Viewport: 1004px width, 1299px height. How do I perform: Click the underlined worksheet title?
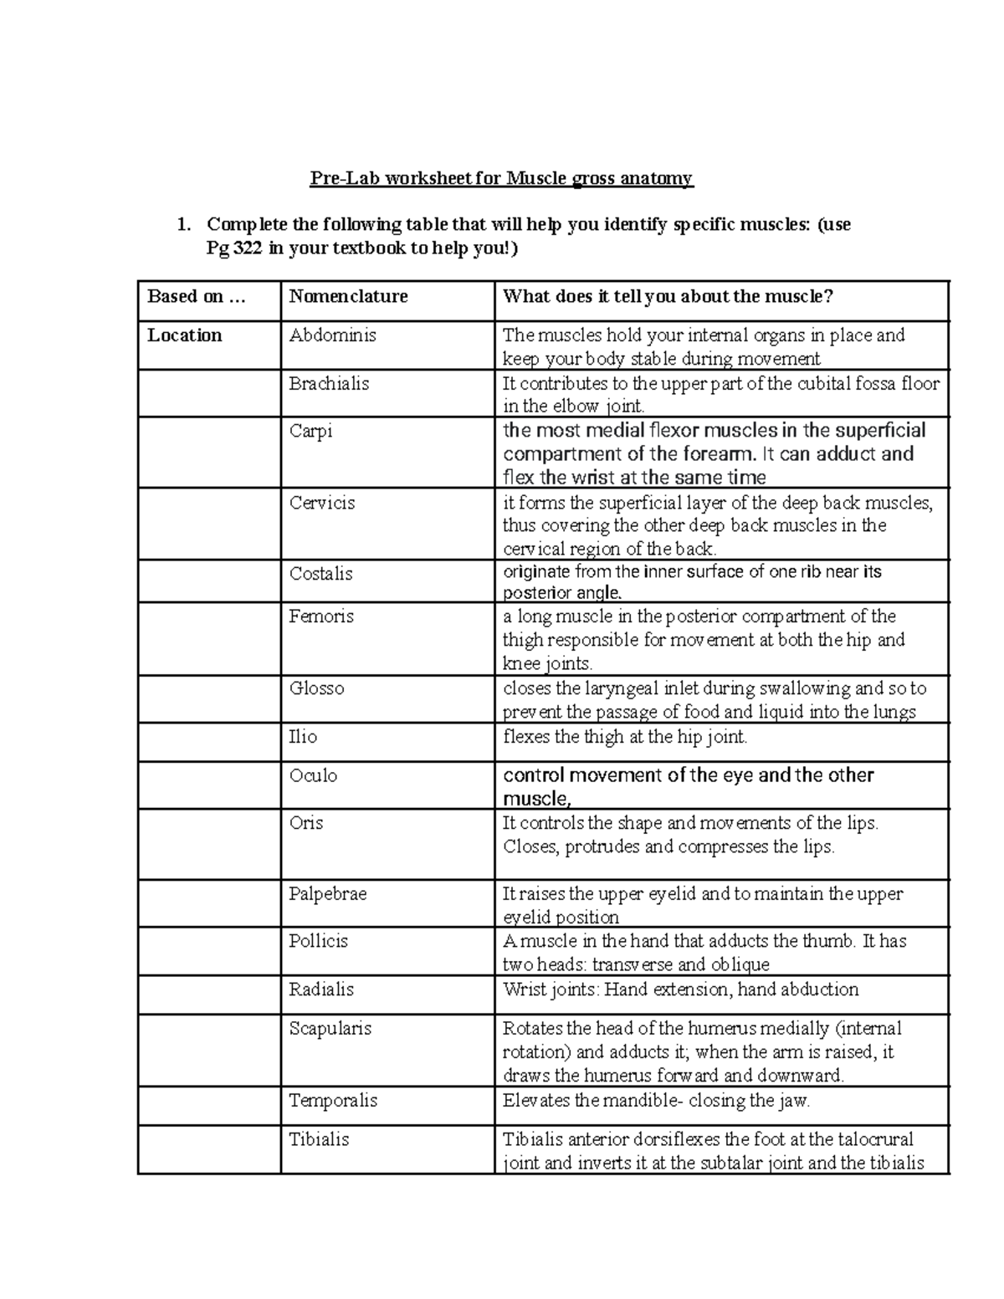pos(501,178)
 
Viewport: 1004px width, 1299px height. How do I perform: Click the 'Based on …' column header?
pos(196,296)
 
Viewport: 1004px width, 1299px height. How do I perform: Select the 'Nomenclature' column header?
pos(348,296)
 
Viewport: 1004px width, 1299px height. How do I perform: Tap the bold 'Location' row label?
pos(185,335)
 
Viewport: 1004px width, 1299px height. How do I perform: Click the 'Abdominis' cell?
pos(332,335)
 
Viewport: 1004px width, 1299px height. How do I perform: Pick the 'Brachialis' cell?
pos(329,384)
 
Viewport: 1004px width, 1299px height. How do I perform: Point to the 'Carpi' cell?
pos(310,432)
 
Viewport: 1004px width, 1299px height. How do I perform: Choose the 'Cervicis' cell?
pos(322,503)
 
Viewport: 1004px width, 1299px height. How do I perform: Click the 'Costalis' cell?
pos(320,574)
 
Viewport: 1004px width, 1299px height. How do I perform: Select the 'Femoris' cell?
pos(321,616)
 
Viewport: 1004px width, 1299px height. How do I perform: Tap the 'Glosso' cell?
pos(316,688)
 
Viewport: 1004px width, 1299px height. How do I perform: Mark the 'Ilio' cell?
pos(303,737)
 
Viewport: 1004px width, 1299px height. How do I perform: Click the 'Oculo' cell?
pos(313,775)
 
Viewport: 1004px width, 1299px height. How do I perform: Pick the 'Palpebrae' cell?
pos(328,894)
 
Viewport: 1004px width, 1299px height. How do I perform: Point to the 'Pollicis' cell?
pos(318,941)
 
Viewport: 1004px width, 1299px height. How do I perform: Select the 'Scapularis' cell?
pos(330,1029)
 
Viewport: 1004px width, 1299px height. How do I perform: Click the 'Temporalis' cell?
pos(333,1101)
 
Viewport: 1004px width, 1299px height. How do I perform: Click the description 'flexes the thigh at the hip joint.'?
pos(624,737)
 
